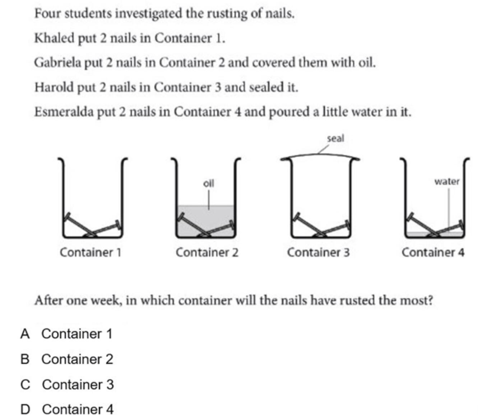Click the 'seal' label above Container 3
click(x=335, y=138)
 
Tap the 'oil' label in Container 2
click(x=208, y=183)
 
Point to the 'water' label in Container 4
click(x=447, y=181)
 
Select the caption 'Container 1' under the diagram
click(x=91, y=252)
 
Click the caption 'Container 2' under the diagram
click(x=207, y=252)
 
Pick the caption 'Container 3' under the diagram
click(x=318, y=252)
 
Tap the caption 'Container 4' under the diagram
click(x=433, y=252)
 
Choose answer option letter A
click(x=25, y=334)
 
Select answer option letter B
click(x=25, y=359)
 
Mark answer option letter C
click(x=25, y=384)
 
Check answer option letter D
click(x=25, y=409)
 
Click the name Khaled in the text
click(x=54, y=38)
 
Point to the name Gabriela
click(x=57, y=62)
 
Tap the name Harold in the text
click(x=54, y=87)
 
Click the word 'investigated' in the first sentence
click(x=148, y=14)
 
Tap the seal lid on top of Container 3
click(x=320, y=157)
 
